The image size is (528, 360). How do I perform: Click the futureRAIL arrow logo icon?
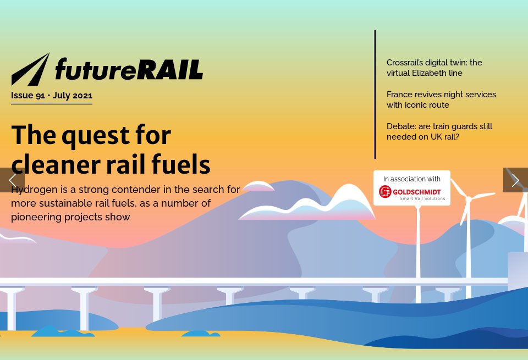[30, 70]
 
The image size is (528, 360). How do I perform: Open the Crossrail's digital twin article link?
[434, 68]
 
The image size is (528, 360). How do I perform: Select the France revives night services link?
[441, 99]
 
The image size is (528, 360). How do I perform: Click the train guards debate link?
[439, 131]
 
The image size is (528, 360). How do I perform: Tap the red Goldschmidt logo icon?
[385, 192]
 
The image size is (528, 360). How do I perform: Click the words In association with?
[411, 179]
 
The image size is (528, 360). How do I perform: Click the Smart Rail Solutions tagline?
[422, 198]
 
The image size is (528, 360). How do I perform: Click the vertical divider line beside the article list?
[375, 93]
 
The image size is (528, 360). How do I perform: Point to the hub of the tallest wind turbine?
[468, 198]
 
